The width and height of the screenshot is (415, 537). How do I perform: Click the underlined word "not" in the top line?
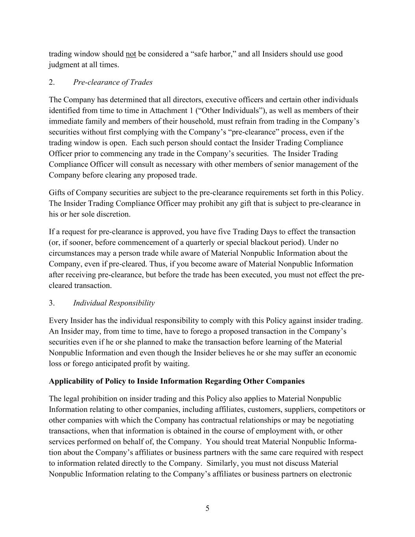[131, 54]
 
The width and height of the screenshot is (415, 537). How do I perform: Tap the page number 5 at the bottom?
[207, 508]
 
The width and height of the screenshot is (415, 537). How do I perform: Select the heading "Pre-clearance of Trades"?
[113, 82]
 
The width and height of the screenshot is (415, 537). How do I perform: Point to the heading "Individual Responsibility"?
[114, 303]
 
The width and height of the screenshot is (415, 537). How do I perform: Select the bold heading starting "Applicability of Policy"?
[177, 381]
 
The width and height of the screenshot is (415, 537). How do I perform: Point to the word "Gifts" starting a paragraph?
[57, 193]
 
